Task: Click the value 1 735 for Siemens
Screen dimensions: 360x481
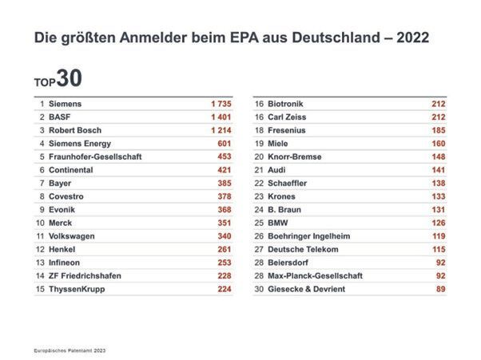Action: (x=221, y=104)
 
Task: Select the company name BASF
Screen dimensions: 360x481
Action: (x=61, y=117)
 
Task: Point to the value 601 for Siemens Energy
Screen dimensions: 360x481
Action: (x=225, y=144)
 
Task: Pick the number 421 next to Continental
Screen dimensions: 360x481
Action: (x=225, y=170)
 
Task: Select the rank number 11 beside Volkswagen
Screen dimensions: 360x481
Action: (x=40, y=236)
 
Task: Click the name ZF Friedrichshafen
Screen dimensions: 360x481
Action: (x=85, y=275)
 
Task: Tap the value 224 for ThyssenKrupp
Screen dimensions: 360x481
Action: (x=225, y=289)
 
